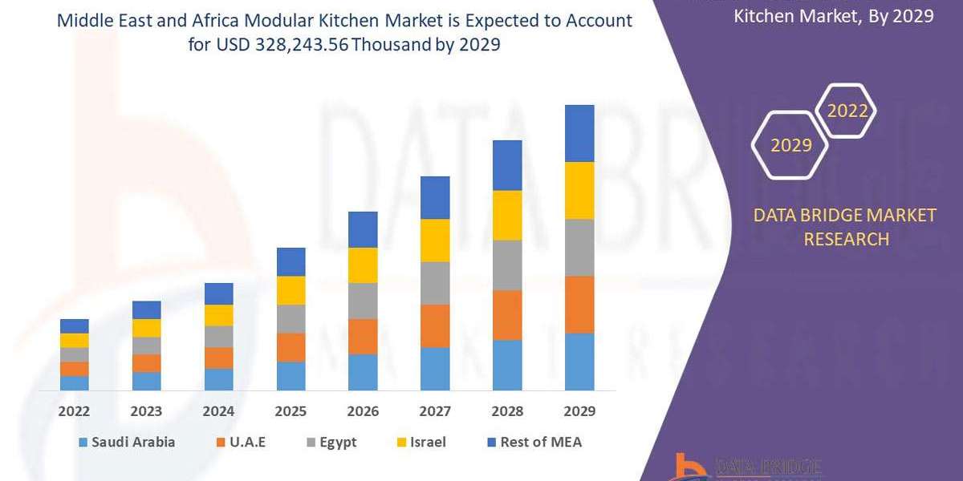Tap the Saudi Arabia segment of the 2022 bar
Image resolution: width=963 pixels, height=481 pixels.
pyautogui.click(x=75, y=383)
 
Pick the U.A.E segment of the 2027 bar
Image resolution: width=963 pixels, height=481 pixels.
pyautogui.click(x=435, y=325)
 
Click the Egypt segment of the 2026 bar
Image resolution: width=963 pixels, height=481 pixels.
pyautogui.click(x=363, y=301)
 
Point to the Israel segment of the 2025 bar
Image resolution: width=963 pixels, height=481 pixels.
pyautogui.click(x=291, y=290)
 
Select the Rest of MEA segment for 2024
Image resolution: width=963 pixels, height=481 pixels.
pyautogui.click(x=218, y=293)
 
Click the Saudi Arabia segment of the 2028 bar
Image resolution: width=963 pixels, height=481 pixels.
pyautogui.click(x=507, y=365)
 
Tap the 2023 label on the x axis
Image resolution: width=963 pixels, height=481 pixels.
pyautogui.click(x=146, y=411)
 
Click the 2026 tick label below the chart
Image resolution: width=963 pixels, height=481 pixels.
pyautogui.click(x=363, y=411)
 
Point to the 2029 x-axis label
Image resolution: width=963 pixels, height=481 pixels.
pyautogui.click(x=579, y=411)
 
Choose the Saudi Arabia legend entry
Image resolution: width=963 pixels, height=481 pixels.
pyautogui.click(x=127, y=442)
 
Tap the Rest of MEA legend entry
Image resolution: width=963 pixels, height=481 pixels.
pyautogui.click(x=533, y=442)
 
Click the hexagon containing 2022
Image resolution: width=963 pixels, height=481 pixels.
pyautogui.click(x=847, y=111)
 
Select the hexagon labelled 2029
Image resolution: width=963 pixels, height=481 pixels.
pyautogui.click(x=791, y=145)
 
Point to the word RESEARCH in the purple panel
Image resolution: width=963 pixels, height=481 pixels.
pyautogui.click(x=843, y=239)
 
